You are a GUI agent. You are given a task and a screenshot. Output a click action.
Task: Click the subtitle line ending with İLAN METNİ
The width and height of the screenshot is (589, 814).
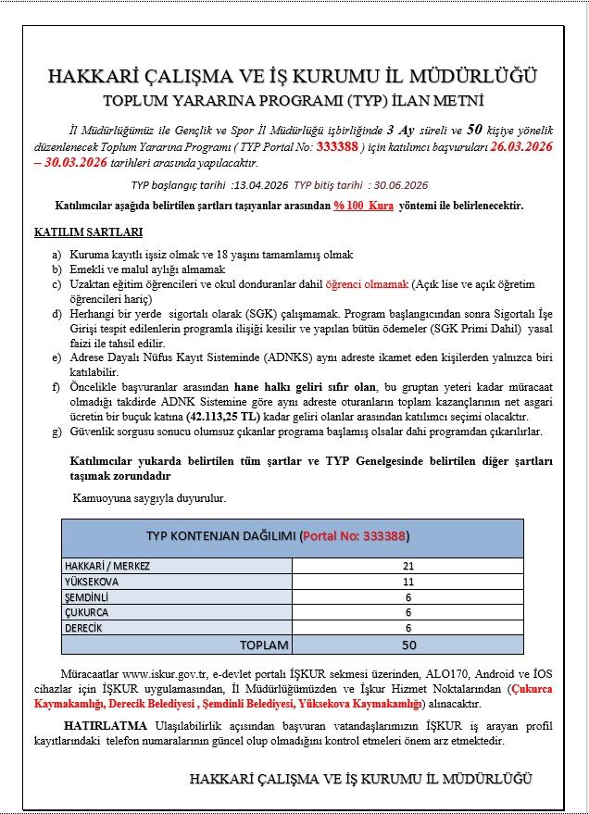coord(294,99)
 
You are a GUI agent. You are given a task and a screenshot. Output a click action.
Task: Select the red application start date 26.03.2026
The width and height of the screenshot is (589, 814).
coord(521,144)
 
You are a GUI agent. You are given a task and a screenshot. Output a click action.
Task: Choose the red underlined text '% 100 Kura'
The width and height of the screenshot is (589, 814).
coord(365,206)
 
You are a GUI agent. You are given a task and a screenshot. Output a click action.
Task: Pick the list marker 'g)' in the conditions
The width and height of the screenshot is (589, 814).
coord(57,432)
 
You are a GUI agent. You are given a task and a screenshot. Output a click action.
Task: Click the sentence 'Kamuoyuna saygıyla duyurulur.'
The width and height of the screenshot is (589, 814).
coord(149,498)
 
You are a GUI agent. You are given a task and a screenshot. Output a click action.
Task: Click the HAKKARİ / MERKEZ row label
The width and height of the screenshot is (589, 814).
coord(107,566)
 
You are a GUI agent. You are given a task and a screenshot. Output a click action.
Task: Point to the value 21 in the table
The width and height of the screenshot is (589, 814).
coord(408,566)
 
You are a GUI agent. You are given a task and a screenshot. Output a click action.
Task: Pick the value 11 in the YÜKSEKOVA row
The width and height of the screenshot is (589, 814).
coord(408,582)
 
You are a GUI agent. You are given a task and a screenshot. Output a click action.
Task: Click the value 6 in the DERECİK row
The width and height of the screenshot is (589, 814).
coord(408,629)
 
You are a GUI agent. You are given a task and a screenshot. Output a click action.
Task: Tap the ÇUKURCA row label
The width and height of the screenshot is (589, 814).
coord(86,613)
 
